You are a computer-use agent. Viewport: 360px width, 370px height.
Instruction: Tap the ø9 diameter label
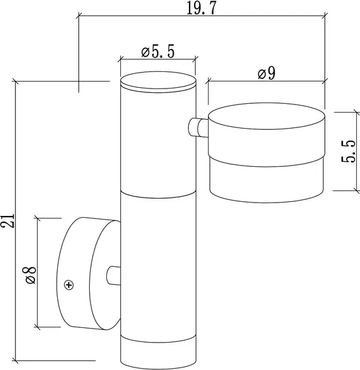point(266,73)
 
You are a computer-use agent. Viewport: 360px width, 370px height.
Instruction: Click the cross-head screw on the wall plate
point(69,285)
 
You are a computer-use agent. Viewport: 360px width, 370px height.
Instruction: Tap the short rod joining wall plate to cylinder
point(113,274)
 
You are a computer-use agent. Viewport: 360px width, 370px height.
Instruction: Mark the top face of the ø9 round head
point(267,117)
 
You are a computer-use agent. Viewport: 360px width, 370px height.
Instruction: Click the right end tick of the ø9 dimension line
point(325,81)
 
